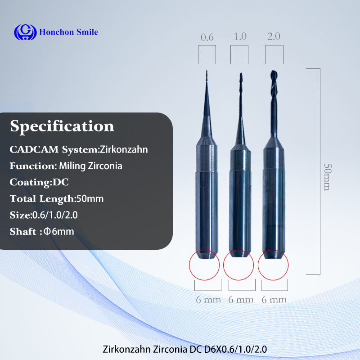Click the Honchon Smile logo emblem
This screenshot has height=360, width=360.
pyautogui.click(x=24, y=32)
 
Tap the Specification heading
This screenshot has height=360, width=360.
pyautogui.click(x=62, y=126)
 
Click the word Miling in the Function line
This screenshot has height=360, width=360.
pyautogui.click(x=72, y=166)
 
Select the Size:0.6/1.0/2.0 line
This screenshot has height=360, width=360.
pyautogui.click(x=44, y=215)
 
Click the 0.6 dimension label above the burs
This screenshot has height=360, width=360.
pyautogui.click(x=207, y=37)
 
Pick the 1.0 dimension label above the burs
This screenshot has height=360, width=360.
pyautogui.click(x=240, y=36)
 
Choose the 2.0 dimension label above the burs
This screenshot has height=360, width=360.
pyautogui.click(x=274, y=36)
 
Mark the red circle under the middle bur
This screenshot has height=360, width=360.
pyautogui.click(x=239, y=265)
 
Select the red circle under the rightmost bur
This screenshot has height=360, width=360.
pyautogui.click(x=273, y=265)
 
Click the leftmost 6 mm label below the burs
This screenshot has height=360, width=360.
pyautogui.click(x=207, y=299)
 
